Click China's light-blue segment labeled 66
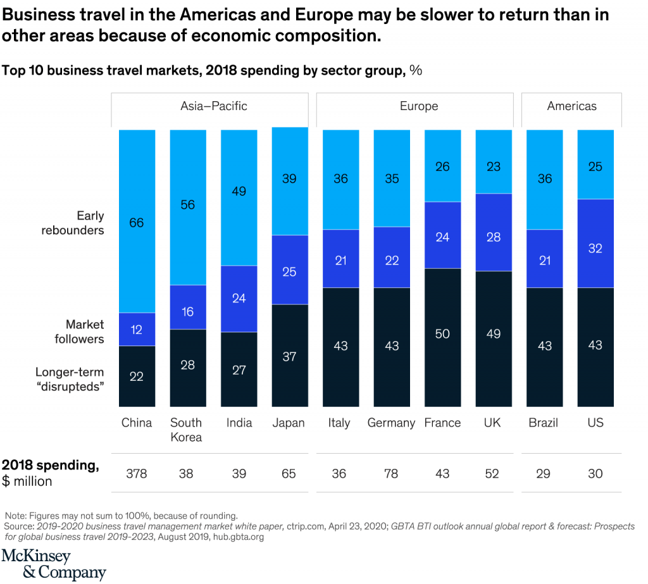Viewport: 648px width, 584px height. click(137, 221)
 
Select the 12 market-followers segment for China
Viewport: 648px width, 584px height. click(137, 329)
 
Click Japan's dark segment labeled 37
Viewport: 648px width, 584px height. click(289, 356)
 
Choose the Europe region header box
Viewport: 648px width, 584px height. click(418, 106)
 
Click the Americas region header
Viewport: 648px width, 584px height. click(571, 106)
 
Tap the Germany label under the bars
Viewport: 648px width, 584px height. click(391, 423)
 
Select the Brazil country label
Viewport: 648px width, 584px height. click(543, 423)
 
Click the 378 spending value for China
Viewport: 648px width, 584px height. click(136, 473)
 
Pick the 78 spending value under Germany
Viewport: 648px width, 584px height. click(391, 473)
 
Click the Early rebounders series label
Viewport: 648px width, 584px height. click(72, 223)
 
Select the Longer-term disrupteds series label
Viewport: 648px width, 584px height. click(69, 379)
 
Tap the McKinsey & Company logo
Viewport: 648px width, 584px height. click(53, 564)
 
